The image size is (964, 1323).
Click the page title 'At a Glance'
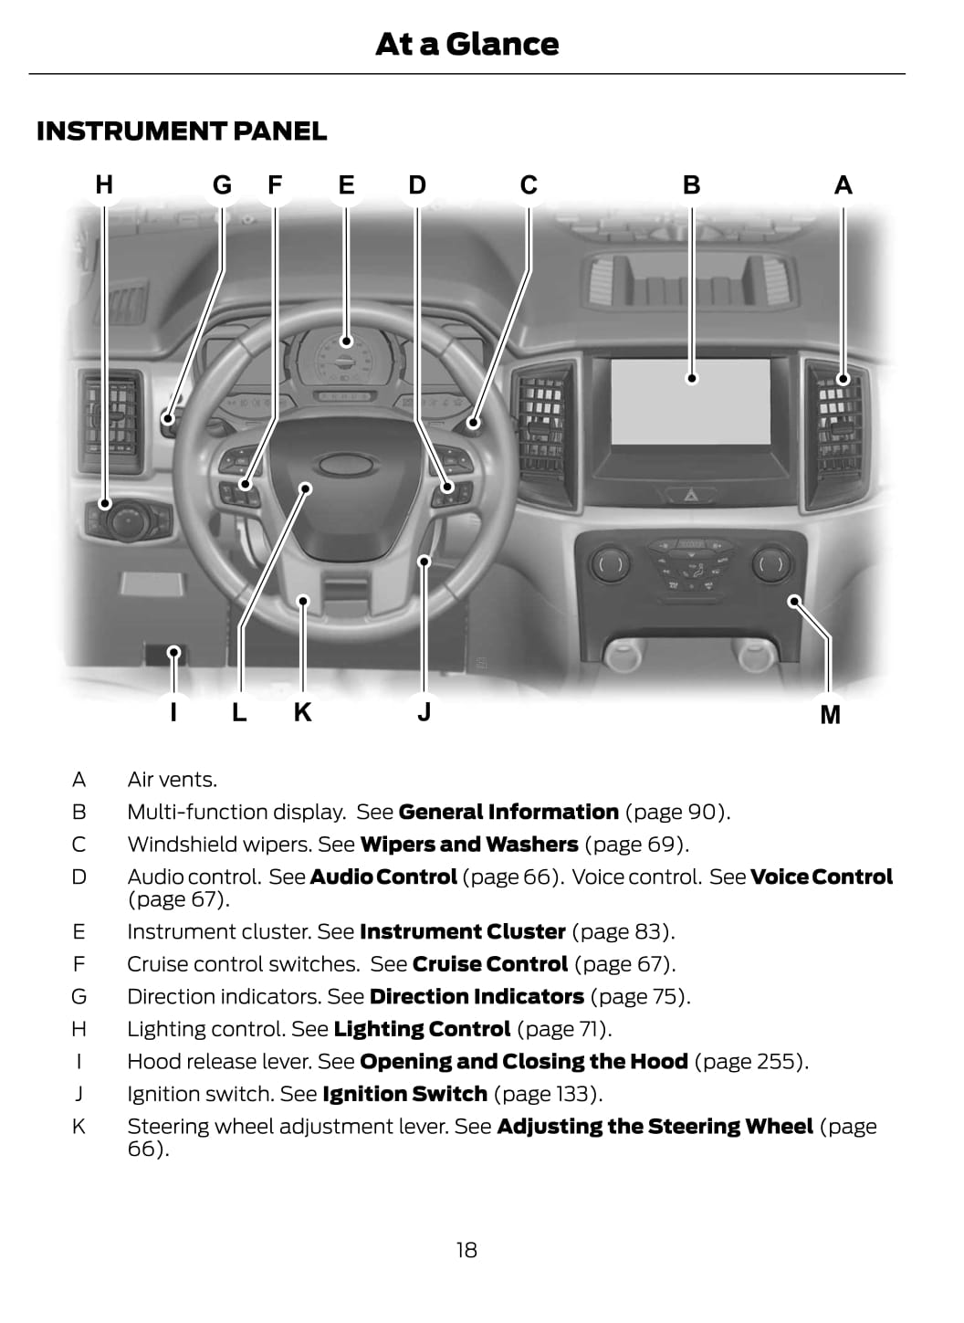[x=466, y=44]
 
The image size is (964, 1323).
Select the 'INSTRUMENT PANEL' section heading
[x=181, y=131]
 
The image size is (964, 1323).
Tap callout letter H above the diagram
[x=104, y=185]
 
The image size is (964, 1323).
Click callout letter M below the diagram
[x=830, y=715]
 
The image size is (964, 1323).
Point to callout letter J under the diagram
[x=424, y=712]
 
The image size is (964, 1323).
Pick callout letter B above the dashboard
[x=691, y=185]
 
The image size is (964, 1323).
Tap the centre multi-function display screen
[x=690, y=402]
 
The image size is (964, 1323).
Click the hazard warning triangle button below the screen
[x=691, y=495]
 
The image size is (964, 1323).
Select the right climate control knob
[x=771, y=564]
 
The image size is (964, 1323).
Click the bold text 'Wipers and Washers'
[x=469, y=845]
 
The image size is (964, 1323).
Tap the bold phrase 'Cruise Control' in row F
[x=490, y=964]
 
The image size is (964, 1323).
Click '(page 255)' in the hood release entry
[x=750, y=1062]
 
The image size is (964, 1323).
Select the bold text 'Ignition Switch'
[x=404, y=1094]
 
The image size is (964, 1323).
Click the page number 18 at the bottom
[x=466, y=1250]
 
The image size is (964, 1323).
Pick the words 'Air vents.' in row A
[x=173, y=780]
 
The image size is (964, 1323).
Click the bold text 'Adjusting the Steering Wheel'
[x=655, y=1127]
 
